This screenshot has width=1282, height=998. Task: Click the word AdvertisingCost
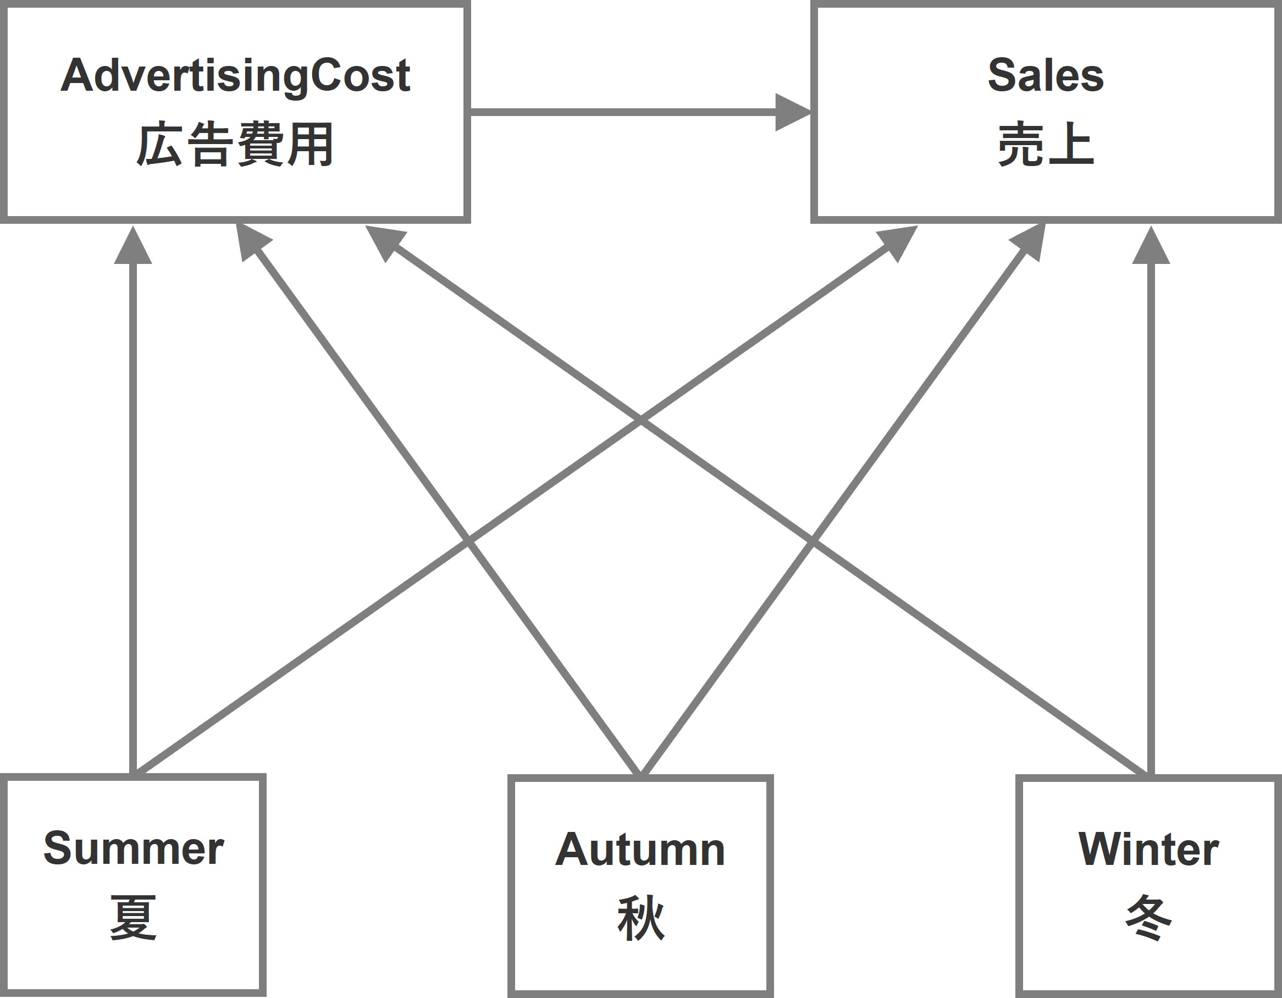235,76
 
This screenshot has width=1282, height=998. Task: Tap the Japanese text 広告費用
235,145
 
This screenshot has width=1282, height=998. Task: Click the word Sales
1046,76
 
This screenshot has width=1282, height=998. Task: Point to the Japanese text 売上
1046,145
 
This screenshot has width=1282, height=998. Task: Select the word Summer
133,849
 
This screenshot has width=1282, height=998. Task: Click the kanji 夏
133,917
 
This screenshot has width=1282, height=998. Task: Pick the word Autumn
640,850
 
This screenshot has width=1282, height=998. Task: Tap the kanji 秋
640,918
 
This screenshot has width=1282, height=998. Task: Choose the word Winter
1148,850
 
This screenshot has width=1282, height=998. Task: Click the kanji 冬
1149,918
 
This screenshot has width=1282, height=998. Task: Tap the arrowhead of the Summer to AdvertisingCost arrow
133,246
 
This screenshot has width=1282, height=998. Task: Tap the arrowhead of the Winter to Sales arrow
1151,246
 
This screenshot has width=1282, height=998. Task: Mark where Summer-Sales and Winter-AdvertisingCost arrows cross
640,421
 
